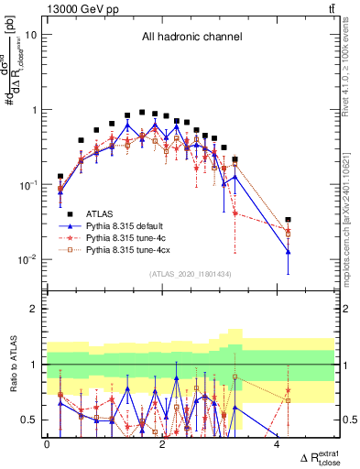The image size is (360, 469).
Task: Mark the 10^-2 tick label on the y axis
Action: (x=28, y=259)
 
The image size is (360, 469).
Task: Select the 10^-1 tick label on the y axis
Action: (x=28, y=184)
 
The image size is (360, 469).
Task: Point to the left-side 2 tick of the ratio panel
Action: (x=36, y=309)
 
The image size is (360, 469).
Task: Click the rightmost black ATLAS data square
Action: (x=288, y=220)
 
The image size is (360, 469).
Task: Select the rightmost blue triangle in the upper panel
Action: (x=288, y=252)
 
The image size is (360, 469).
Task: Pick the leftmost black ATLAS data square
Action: (x=60, y=176)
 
